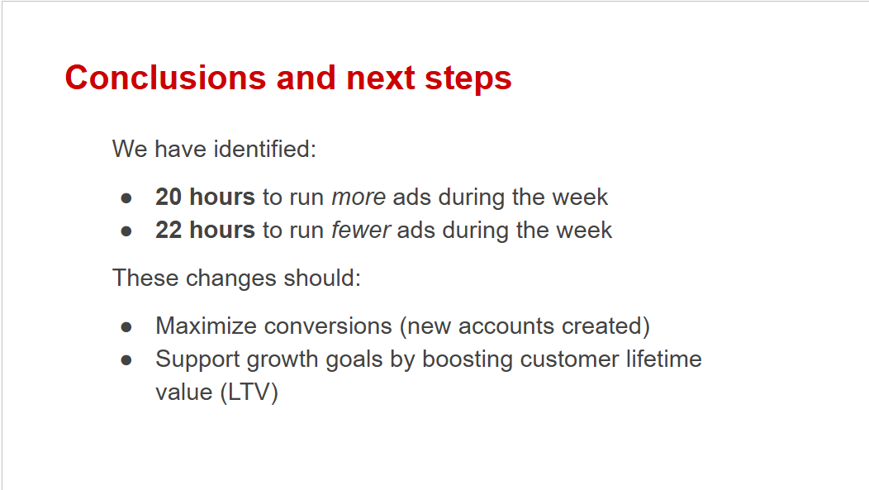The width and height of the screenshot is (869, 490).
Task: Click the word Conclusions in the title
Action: point(166,78)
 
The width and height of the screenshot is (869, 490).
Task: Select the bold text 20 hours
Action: point(205,197)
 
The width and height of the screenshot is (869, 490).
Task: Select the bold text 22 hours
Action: point(205,230)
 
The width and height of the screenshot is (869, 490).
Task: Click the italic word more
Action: point(359,197)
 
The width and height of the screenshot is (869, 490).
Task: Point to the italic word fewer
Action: point(361,230)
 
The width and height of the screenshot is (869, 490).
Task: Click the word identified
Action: point(265,149)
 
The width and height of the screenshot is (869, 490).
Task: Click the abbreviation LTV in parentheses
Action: point(249,392)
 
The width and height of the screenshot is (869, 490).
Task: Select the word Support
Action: point(197,360)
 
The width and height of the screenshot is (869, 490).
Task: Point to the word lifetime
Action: point(664,359)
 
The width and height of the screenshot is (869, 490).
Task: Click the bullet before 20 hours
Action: point(126,197)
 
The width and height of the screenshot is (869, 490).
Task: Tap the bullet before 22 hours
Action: point(126,231)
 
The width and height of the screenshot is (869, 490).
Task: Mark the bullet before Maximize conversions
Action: point(126,327)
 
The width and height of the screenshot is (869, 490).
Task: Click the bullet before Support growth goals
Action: point(126,360)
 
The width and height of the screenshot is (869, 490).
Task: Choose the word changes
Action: point(230,278)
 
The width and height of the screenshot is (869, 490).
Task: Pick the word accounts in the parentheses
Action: point(506,326)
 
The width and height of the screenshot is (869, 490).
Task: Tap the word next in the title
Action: point(381,78)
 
